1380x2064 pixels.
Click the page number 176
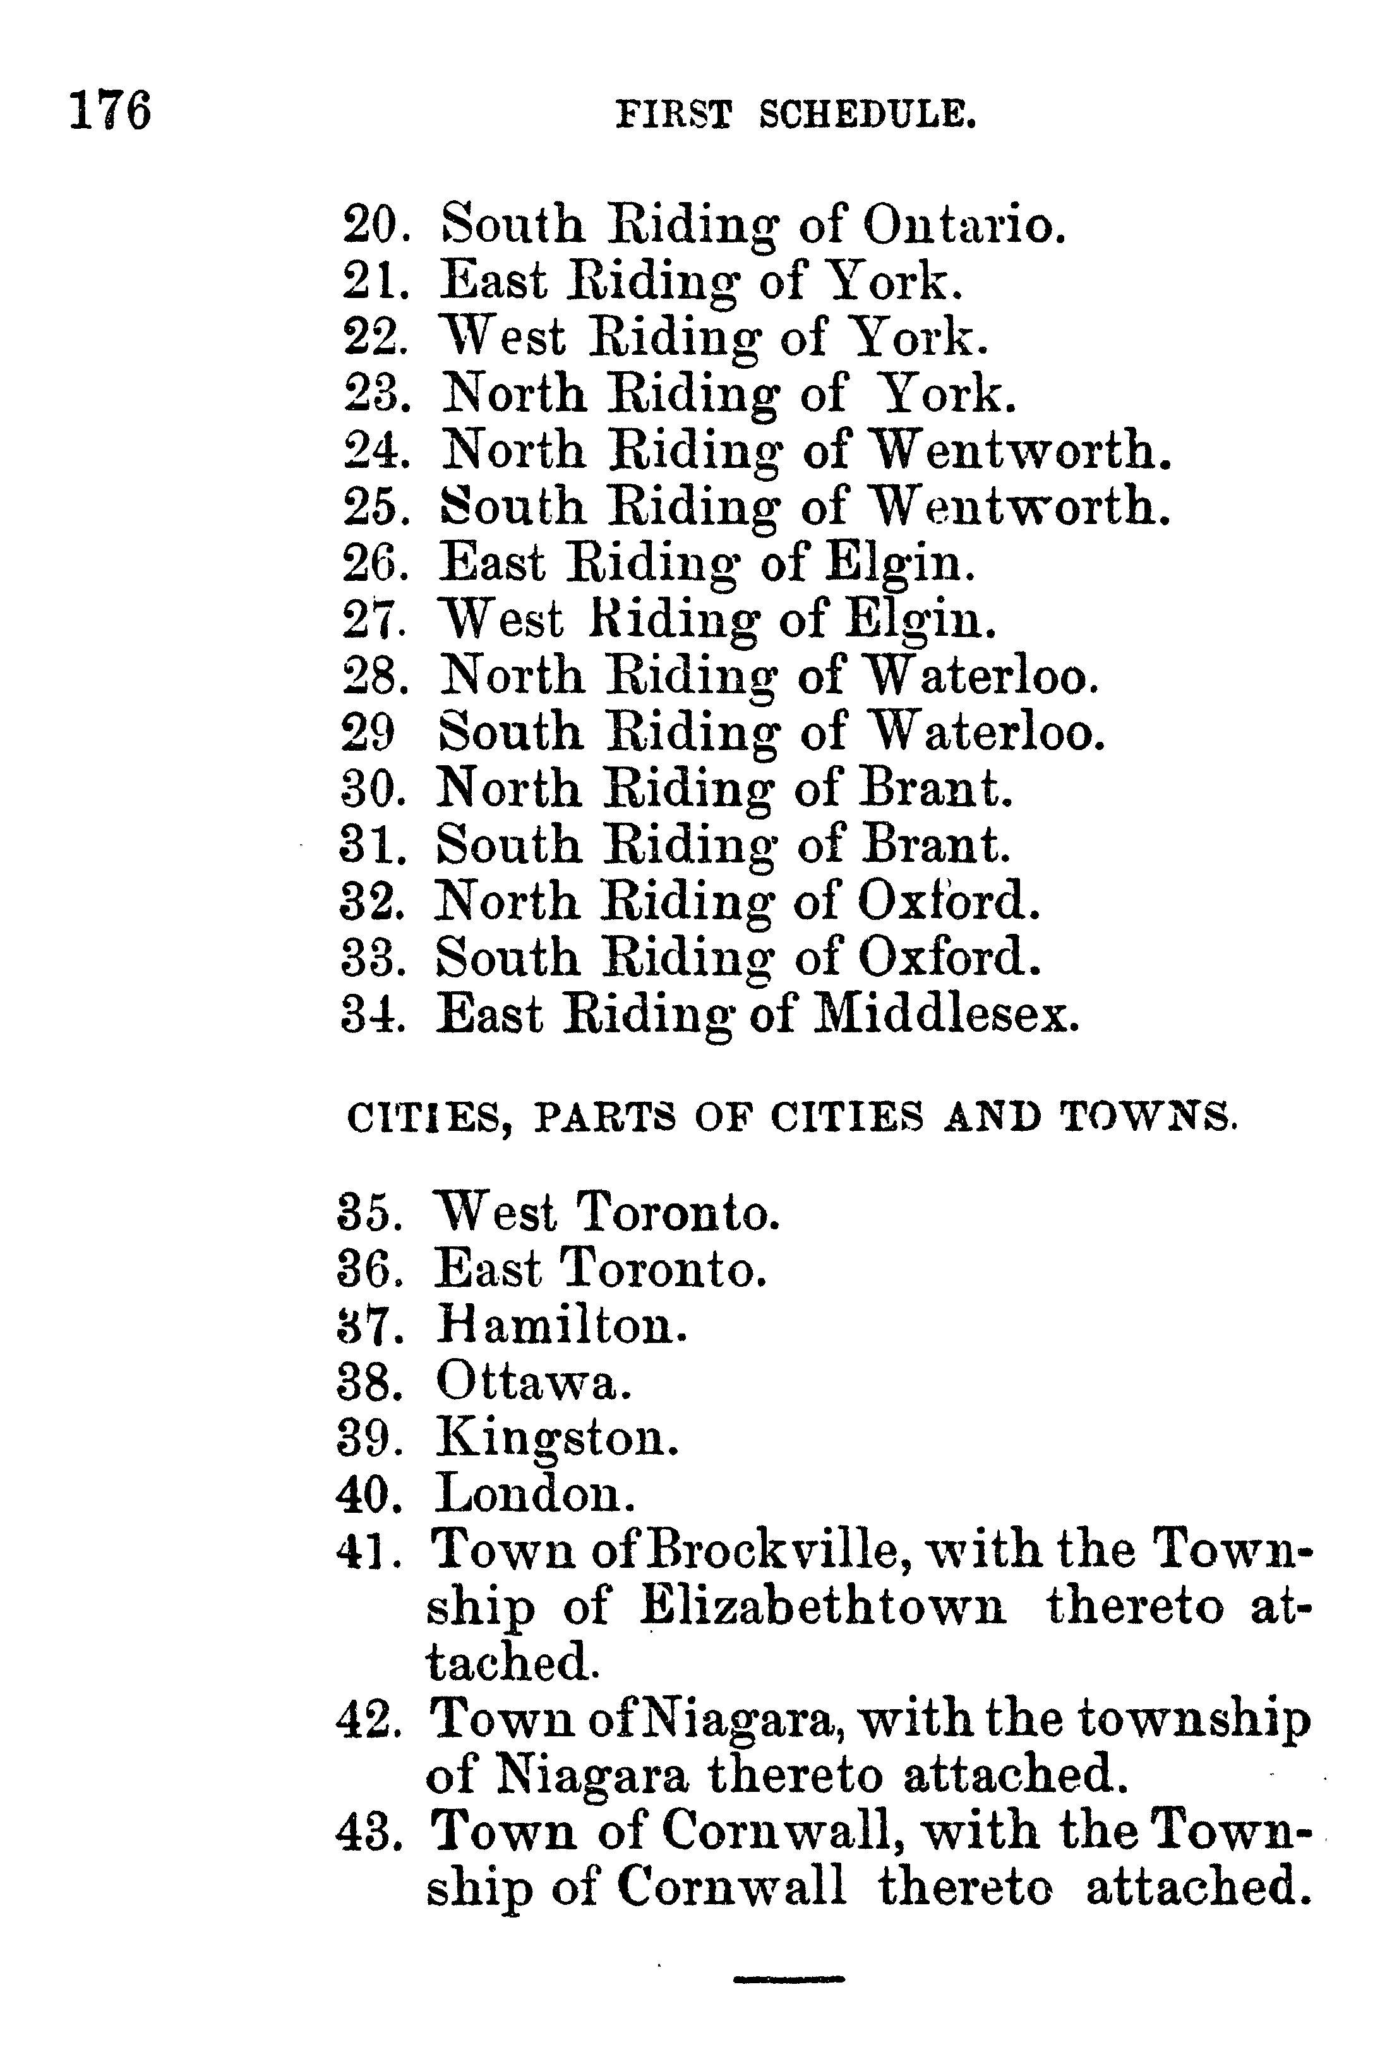click(x=110, y=112)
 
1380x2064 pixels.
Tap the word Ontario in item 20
click(x=964, y=225)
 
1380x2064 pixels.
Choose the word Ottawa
click(x=532, y=1381)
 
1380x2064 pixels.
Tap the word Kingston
click(x=557, y=1440)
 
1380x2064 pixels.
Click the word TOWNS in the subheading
click(x=1146, y=1118)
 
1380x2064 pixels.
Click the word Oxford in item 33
click(x=948, y=957)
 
